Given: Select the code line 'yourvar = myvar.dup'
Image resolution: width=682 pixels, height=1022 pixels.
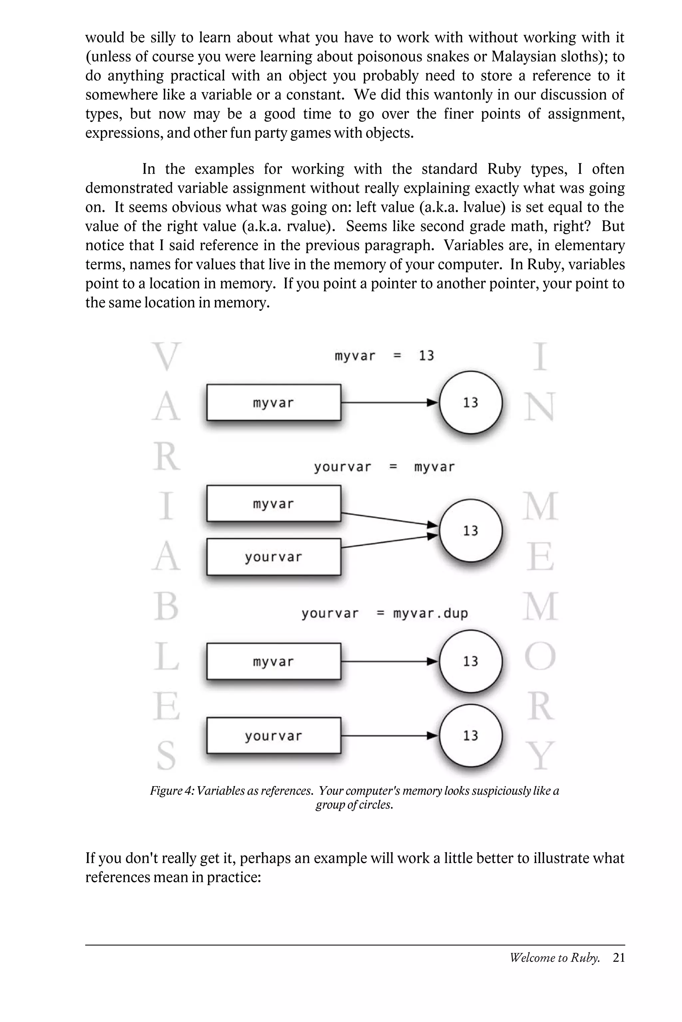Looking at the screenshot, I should (385, 613).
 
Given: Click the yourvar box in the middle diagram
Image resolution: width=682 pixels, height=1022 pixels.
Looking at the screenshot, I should (274, 557).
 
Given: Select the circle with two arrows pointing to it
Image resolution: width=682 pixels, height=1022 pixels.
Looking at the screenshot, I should (471, 531).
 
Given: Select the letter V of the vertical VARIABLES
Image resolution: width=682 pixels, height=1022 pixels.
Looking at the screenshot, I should (166, 356).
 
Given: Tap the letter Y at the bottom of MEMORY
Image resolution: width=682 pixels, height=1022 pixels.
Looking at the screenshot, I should (540, 756).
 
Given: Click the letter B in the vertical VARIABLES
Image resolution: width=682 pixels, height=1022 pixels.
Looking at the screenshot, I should (166, 607).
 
